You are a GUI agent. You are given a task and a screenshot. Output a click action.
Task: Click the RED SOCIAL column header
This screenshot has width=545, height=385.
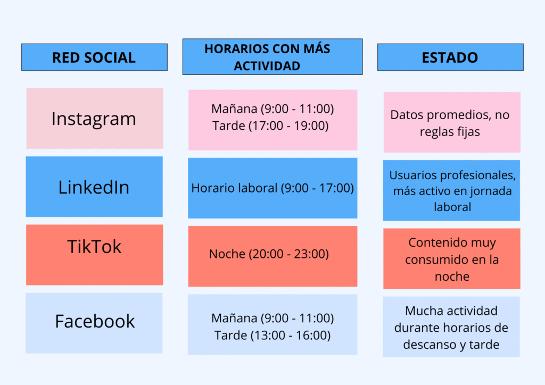point(94,57)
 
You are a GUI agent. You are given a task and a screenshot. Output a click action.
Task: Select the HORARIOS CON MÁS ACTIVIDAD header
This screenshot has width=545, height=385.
point(272,56)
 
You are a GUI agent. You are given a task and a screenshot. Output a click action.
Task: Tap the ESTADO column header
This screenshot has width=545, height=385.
point(450,57)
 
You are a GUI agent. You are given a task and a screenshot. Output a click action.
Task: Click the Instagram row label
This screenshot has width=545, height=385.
point(94,119)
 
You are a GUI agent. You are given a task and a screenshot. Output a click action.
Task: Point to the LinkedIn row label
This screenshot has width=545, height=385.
point(94,187)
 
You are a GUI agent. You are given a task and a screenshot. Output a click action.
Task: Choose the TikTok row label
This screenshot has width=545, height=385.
point(94,247)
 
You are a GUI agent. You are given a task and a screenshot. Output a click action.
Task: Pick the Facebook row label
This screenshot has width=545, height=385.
point(95,321)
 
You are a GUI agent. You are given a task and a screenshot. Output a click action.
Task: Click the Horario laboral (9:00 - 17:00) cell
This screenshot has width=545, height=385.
point(272,188)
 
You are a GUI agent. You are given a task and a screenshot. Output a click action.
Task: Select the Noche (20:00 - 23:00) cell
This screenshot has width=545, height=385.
point(269,254)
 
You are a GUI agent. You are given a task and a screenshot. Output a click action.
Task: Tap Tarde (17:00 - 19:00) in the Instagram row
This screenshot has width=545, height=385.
point(270,126)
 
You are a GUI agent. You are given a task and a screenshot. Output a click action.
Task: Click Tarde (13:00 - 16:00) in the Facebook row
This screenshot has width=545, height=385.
point(272,336)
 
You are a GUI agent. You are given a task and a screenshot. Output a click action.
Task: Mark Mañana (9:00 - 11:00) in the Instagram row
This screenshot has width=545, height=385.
point(272,109)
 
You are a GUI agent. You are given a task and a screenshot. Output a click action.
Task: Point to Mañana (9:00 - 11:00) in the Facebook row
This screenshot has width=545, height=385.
point(272,319)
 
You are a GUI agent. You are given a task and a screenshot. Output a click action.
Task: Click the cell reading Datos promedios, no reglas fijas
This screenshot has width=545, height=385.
point(451,123)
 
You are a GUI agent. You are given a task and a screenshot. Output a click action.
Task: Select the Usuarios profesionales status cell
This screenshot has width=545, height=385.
point(452,190)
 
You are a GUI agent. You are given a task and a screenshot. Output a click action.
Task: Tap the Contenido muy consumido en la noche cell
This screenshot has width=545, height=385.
point(452,259)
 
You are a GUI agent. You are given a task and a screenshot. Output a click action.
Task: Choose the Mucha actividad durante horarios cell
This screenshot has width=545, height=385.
point(451,327)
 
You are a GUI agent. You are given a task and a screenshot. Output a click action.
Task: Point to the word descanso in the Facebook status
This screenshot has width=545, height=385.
point(427,344)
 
